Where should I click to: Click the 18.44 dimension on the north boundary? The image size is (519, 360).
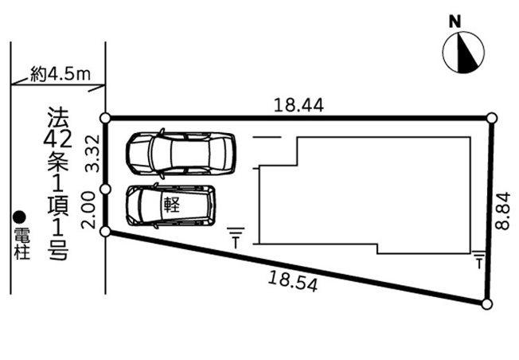click(x=299, y=105)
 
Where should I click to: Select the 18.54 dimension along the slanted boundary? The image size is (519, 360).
click(x=293, y=281)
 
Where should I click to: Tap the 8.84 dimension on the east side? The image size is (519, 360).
click(x=503, y=211)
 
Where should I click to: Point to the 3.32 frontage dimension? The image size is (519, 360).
click(x=92, y=153)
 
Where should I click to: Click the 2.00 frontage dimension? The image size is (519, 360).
click(x=88, y=211)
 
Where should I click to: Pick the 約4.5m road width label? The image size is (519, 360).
click(x=60, y=74)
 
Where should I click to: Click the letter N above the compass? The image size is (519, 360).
click(x=455, y=22)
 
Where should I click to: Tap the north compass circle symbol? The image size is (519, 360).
click(x=463, y=53)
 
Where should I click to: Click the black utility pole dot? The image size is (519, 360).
click(x=19, y=217)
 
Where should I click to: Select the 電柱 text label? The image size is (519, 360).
click(x=21, y=244)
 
